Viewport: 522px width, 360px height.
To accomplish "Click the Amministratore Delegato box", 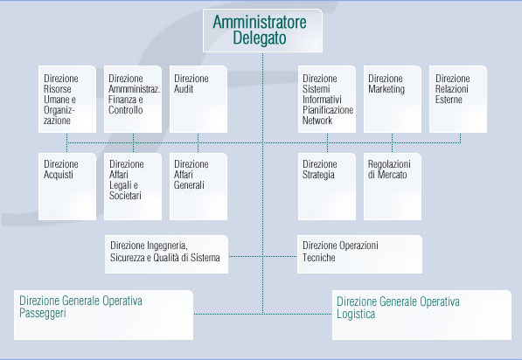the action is [x=262, y=31].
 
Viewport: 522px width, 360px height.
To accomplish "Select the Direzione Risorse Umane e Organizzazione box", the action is [x=67, y=99].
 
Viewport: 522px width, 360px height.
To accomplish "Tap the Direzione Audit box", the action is [x=198, y=99].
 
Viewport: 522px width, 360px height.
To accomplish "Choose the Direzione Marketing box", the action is [x=393, y=99].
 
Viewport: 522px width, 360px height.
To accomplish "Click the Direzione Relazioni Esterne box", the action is [x=458, y=99].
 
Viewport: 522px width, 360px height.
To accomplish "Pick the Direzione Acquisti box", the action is [x=67, y=186].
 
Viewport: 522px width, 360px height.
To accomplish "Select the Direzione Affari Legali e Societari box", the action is [x=133, y=186].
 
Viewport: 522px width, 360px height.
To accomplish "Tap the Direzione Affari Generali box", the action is [x=198, y=186].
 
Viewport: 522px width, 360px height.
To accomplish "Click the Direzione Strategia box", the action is [x=327, y=186].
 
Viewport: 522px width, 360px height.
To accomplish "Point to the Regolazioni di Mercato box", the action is [x=393, y=186].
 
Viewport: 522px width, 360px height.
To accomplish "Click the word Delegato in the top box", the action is [x=260, y=38].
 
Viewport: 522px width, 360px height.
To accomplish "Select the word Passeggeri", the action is [x=43, y=314].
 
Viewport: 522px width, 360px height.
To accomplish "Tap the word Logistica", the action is [x=356, y=314].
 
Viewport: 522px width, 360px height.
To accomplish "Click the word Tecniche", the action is [x=318, y=258].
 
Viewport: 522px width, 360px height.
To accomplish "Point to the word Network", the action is [x=317, y=121].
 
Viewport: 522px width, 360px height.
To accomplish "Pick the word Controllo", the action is [x=126, y=110].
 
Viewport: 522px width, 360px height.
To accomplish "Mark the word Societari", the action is [x=125, y=196].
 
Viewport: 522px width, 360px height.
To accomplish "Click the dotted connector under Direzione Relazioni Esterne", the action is [x=461, y=138].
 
